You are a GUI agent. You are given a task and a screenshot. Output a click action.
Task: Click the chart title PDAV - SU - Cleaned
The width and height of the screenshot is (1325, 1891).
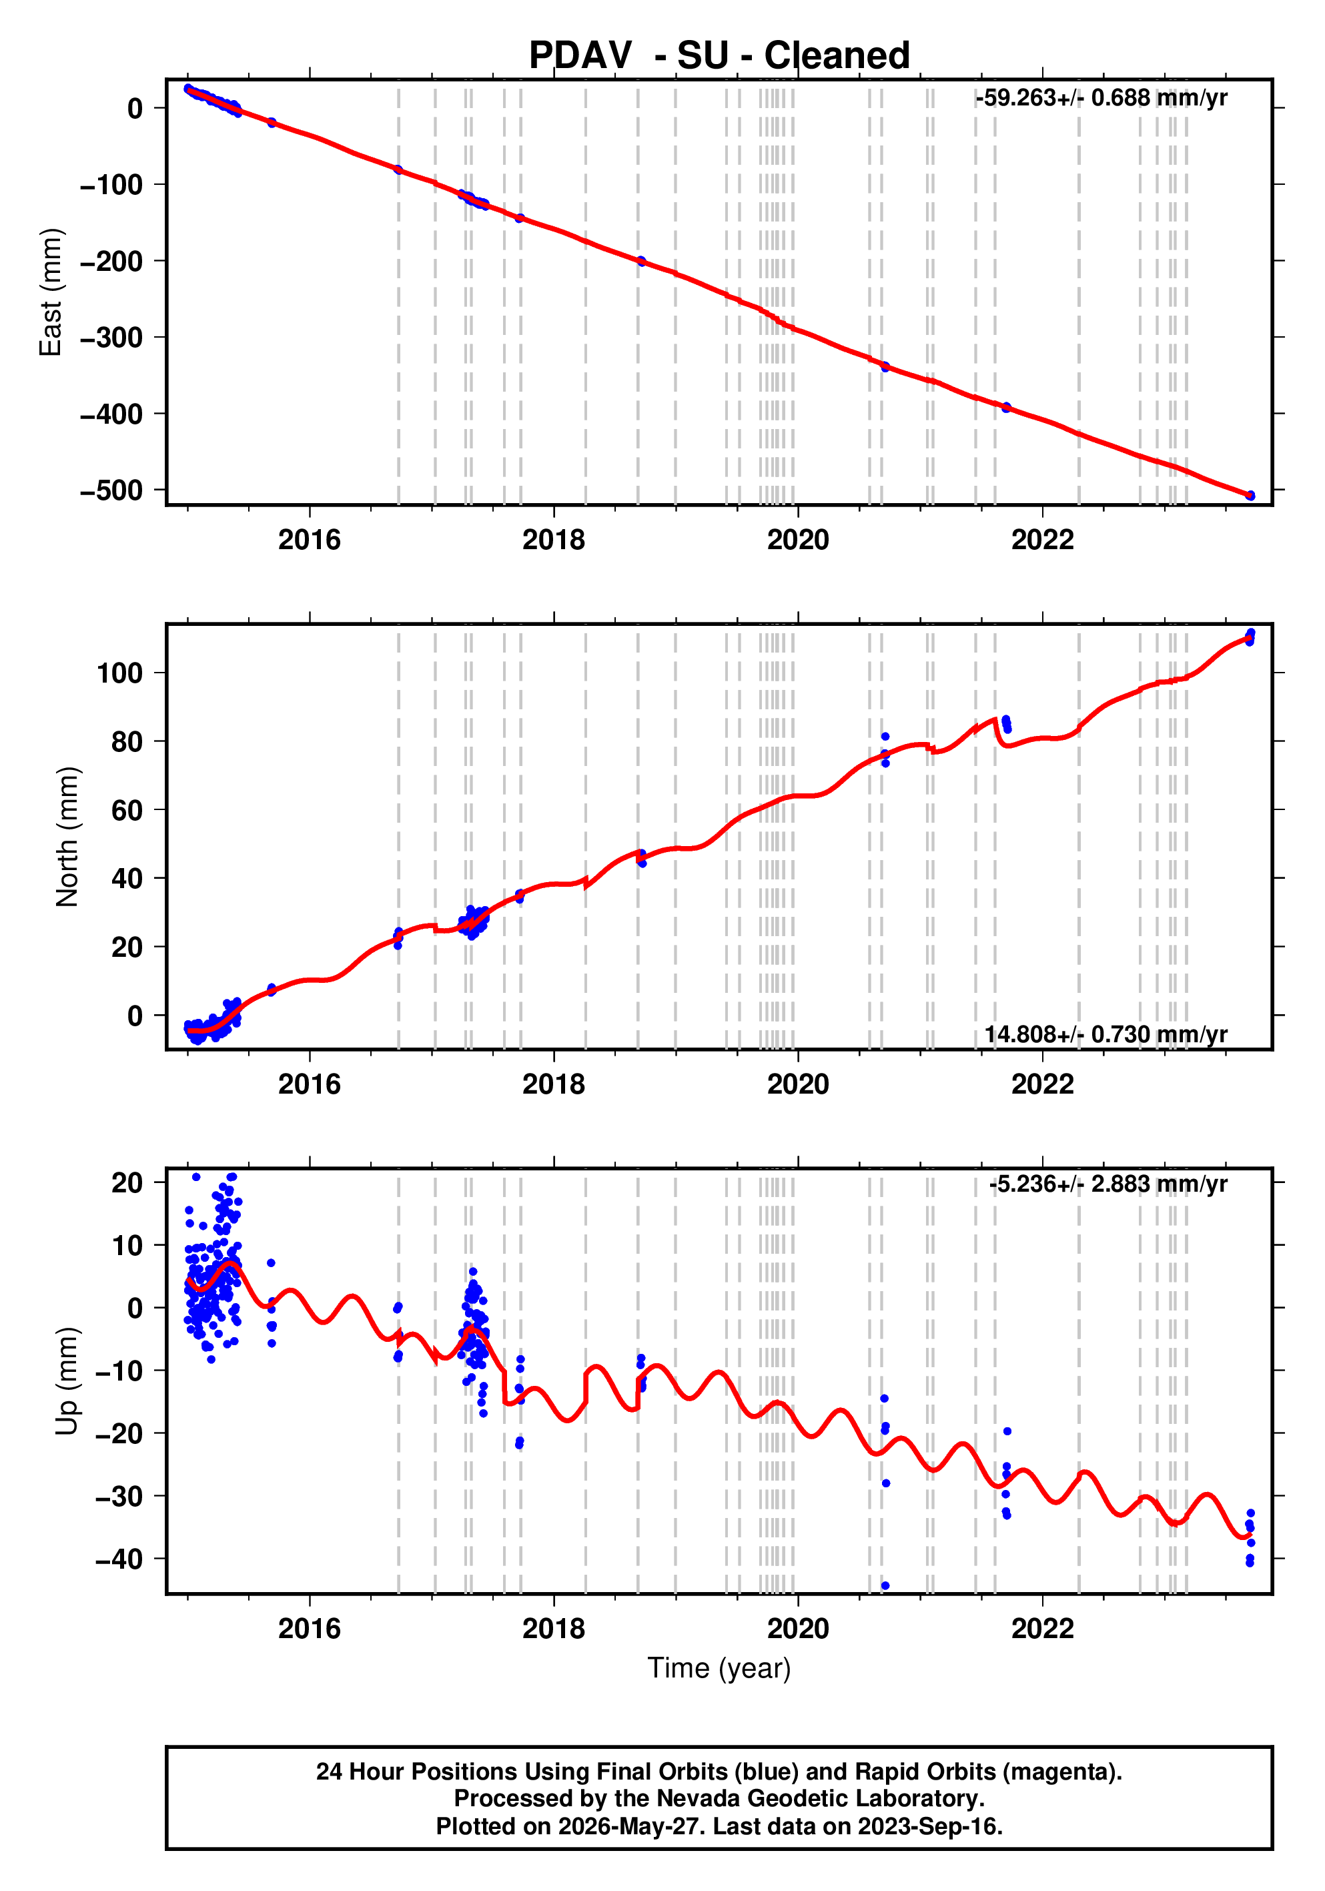point(719,55)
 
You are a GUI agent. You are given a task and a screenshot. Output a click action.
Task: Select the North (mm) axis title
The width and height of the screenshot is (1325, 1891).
point(67,837)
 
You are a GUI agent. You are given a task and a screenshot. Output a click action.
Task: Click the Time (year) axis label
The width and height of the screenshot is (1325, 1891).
point(719,1667)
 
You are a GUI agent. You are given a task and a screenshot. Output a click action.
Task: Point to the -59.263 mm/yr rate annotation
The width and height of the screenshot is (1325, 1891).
point(1101,98)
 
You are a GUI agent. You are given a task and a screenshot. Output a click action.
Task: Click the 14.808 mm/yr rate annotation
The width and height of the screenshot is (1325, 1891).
point(1106,1034)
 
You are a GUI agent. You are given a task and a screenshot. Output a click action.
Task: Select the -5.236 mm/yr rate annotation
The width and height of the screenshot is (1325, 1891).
point(1108,1184)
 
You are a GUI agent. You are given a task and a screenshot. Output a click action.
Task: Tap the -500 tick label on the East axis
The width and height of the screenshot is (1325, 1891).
point(111,490)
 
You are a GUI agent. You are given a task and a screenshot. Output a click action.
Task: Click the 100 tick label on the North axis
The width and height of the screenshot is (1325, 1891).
point(120,673)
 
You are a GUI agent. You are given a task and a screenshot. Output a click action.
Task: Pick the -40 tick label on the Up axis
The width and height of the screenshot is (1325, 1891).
point(119,1559)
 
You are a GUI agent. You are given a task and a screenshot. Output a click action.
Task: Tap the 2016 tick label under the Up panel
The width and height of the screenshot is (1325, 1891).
point(310,1628)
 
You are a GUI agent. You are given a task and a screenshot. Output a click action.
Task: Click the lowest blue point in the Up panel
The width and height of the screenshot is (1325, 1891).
point(885,1585)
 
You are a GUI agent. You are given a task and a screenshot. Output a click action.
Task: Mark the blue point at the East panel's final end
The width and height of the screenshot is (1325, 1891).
point(1250,495)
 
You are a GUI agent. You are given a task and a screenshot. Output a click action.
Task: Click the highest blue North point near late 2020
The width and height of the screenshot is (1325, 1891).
point(885,736)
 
